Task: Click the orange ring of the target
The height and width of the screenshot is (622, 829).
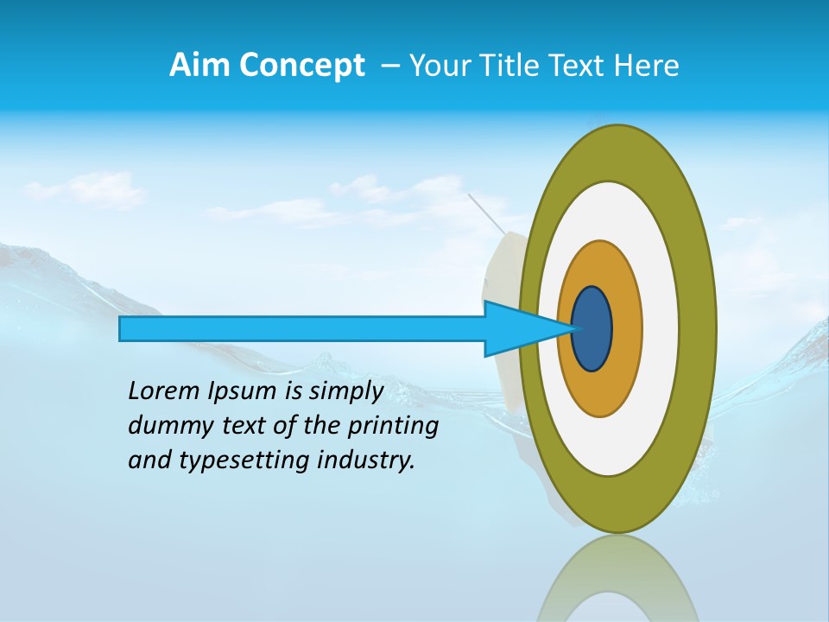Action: click(626, 328)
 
